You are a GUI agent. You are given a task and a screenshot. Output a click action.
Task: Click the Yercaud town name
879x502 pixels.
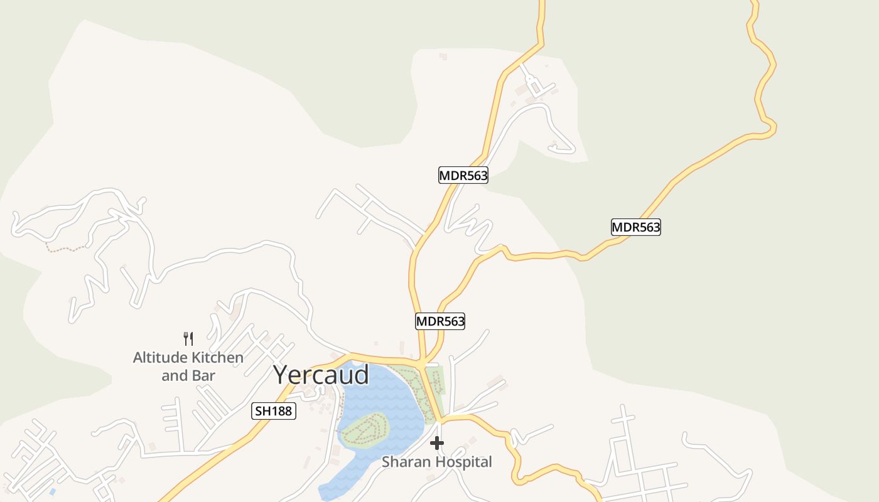(x=321, y=375)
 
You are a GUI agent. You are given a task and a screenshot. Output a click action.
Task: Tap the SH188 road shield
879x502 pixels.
(x=274, y=412)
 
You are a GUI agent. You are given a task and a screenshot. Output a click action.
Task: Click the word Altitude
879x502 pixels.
(x=160, y=358)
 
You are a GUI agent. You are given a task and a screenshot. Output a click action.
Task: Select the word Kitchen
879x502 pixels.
(x=217, y=358)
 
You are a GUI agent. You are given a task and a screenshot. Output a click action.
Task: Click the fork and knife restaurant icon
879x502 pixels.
(x=188, y=339)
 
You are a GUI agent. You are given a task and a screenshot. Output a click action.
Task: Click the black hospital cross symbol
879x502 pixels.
(x=437, y=443)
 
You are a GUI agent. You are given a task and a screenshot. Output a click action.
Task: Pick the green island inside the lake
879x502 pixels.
(x=364, y=430)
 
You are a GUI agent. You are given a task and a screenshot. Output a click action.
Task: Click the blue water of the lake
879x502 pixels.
(x=377, y=395)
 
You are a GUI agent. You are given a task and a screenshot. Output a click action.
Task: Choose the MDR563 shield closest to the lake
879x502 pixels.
(x=440, y=322)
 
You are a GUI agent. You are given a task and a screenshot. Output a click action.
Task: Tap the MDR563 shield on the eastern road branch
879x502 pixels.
(x=636, y=227)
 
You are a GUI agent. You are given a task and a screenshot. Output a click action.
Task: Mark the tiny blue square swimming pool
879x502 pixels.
(x=52, y=491)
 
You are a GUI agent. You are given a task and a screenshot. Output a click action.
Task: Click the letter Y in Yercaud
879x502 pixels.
(x=283, y=375)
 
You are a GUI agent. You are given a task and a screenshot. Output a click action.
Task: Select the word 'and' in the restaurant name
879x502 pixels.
(x=174, y=376)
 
